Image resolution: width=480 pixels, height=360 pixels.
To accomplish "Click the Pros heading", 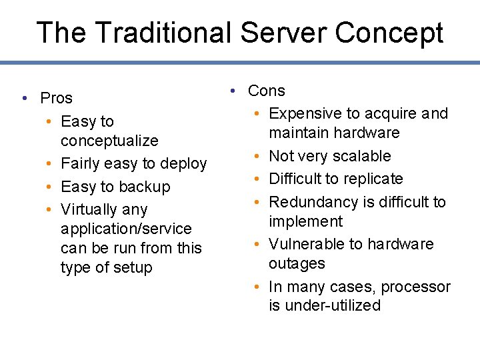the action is tap(56, 98).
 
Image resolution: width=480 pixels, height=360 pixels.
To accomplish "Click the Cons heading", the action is tap(266, 91).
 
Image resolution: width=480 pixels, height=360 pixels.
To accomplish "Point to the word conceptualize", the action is tap(109, 141).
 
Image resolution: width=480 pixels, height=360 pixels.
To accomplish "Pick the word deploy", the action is tap(185, 163).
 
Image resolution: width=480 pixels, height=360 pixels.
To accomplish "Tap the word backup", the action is tap(145, 187).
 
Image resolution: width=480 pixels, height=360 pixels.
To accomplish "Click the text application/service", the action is tap(126, 229).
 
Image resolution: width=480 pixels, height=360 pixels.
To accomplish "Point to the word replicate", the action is tap(371, 179).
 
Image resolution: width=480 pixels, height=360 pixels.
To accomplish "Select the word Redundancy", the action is tap(313, 201).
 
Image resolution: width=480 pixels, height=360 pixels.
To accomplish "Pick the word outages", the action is tap(297, 263).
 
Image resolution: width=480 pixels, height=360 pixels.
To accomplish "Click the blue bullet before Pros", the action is tap(23, 99).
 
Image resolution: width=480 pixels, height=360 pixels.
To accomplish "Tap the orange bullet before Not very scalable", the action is tap(257, 157).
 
